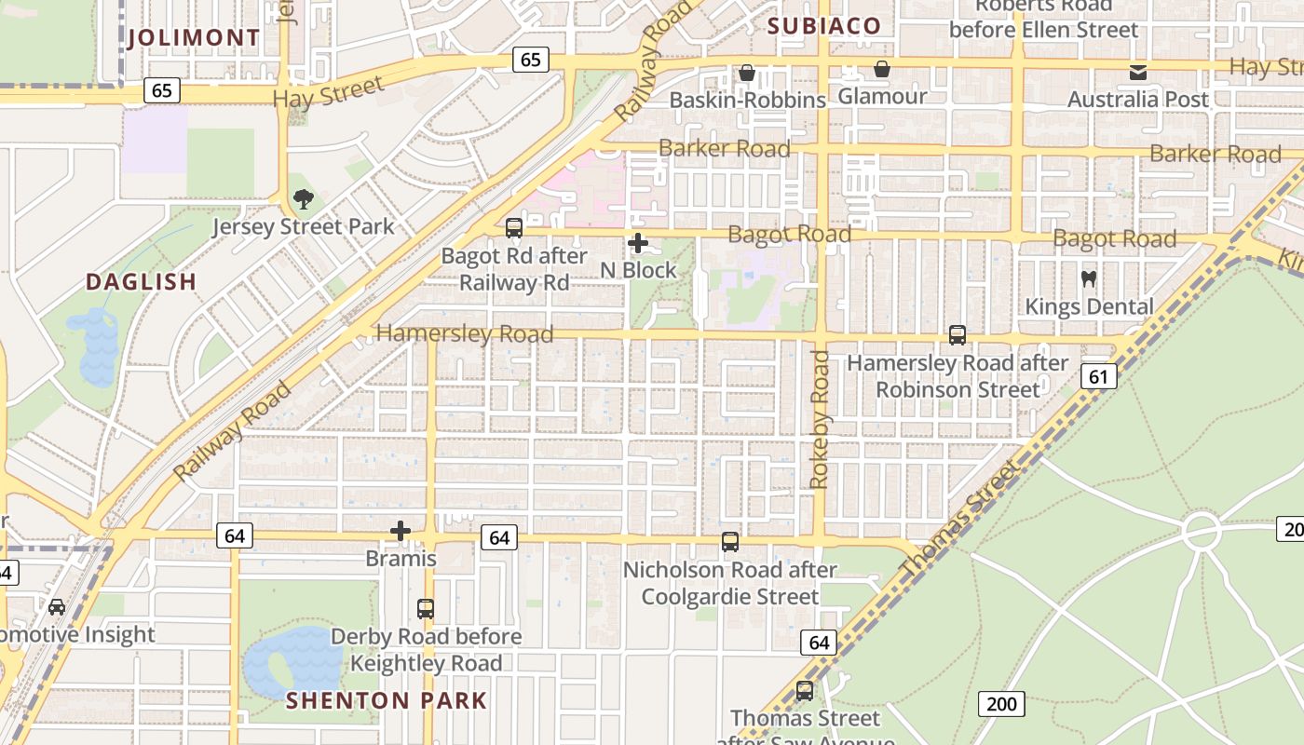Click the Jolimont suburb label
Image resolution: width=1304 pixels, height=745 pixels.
pyautogui.click(x=194, y=38)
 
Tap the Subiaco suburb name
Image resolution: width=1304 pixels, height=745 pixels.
pyautogui.click(x=824, y=26)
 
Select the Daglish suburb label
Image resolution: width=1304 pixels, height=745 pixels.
pyautogui.click(x=142, y=281)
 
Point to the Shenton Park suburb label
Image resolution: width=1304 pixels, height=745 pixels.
pyautogui.click(x=387, y=700)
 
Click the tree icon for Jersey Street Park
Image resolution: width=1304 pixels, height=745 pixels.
pyautogui.click(x=303, y=198)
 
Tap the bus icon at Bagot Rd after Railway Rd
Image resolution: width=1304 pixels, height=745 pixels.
pyautogui.click(x=513, y=228)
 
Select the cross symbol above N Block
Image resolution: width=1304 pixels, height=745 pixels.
pyautogui.click(x=638, y=244)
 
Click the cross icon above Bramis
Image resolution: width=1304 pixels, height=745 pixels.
pyautogui.click(x=401, y=531)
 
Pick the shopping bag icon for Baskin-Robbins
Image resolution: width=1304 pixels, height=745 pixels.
pyautogui.click(x=747, y=73)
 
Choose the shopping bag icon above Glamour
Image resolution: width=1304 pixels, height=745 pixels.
pyautogui.click(x=881, y=69)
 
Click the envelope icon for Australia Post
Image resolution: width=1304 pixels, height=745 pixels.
pyautogui.click(x=1137, y=73)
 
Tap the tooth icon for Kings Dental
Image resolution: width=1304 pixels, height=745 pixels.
pyautogui.click(x=1088, y=278)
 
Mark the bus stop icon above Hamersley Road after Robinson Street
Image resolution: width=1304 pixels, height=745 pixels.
pyautogui.click(x=957, y=335)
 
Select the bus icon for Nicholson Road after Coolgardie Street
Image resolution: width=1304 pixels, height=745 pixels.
pyautogui.click(x=730, y=542)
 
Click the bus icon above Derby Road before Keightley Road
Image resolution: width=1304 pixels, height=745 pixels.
pyautogui.click(x=426, y=609)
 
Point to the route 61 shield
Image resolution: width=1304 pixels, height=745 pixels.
pyautogui.click(x=1099, y=376)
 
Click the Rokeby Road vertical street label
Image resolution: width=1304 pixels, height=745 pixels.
pyautogui.click(x=820, y=419)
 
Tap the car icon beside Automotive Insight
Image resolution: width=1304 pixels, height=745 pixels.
pyautogui.click(x=57, y=607)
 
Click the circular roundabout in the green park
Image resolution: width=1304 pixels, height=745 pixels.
pyautogui.click(x=1202, y=532)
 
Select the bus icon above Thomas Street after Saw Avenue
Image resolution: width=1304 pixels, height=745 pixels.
pyautogui.click(x=805, y=691)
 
